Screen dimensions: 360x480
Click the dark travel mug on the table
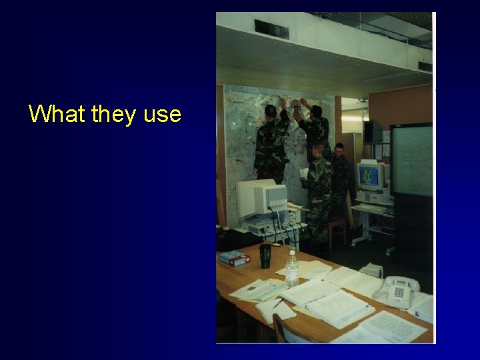click(x=265, y=256)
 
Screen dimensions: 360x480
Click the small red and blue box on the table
click(x=235, y=258)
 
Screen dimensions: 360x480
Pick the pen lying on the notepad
click(x=277, y=304)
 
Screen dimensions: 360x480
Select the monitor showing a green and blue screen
click(x=371, y=176)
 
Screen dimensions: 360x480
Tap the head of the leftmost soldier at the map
click(x=270, y=110)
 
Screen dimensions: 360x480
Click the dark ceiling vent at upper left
click(x=271, y=29)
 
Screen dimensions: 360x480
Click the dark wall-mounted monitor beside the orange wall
click(x=373, y=131)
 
